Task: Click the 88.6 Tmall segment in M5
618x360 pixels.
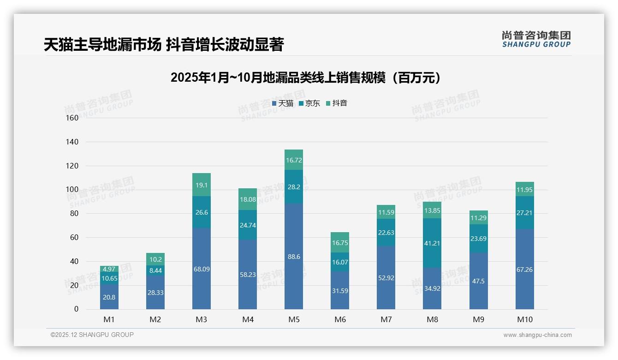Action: tap(294, 257)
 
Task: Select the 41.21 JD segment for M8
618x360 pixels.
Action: tap(432, 243)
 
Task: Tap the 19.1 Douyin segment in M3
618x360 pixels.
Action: tap(202, 185)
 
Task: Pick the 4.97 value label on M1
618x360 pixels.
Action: tap(109, 269)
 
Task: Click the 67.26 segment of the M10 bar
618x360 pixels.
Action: tap(524, 269)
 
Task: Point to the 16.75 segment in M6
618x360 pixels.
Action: tap(340, 242)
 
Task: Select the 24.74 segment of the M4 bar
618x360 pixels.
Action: tap(248, 225)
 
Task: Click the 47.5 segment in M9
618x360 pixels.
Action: tap(478, 281)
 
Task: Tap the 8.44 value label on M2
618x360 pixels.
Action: tap(155, 270)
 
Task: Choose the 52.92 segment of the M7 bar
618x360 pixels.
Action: tap(386, 277)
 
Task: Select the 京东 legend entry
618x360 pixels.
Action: tap(309, 103)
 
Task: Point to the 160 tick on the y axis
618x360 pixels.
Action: tap(72, 118)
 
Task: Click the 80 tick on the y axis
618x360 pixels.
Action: tap(74, 214)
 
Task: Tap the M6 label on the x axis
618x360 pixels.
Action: tap(340, 320)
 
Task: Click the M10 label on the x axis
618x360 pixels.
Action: tap(524, 320)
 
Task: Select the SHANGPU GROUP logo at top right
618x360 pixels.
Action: tap(536, 39)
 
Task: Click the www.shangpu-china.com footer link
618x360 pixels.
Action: tap(537, 335)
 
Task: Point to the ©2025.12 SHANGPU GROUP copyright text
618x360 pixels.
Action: tap(92, 335)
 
